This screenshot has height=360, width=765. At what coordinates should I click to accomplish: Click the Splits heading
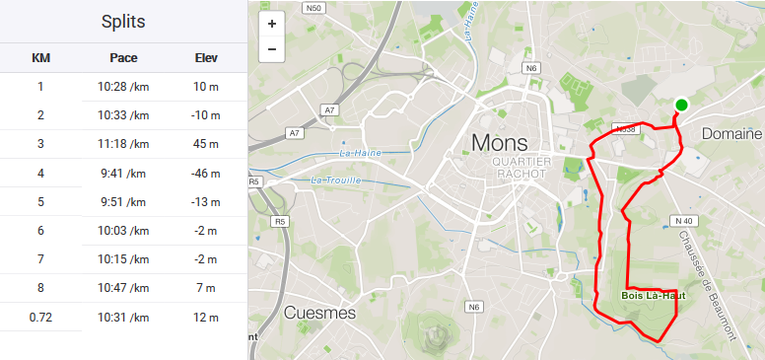pos(123,22)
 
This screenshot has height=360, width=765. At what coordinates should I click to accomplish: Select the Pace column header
pos(123,58)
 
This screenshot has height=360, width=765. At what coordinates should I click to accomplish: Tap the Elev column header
pos(206,58)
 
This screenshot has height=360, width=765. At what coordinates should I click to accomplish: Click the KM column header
pos(40,58)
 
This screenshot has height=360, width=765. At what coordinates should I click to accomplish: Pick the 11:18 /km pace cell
pos(123,144)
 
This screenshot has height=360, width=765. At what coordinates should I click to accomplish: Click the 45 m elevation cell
pos(206,144)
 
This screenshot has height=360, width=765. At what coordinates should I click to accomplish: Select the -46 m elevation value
pos(206,174)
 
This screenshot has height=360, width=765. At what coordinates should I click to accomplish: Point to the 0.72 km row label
pos(40,317)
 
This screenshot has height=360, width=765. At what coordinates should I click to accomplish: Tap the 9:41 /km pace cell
pos(123,174)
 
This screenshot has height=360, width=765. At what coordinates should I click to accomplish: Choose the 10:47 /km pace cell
pos(123,288)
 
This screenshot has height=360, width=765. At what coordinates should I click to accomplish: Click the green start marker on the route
pos(681,105)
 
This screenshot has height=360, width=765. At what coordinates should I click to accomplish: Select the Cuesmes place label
pos(319,313)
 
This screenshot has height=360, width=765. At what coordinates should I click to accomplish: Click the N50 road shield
pos(314,7)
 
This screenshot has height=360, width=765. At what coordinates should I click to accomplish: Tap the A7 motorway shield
pos(330,109)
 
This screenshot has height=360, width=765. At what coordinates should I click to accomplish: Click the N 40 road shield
pos(686,220)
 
